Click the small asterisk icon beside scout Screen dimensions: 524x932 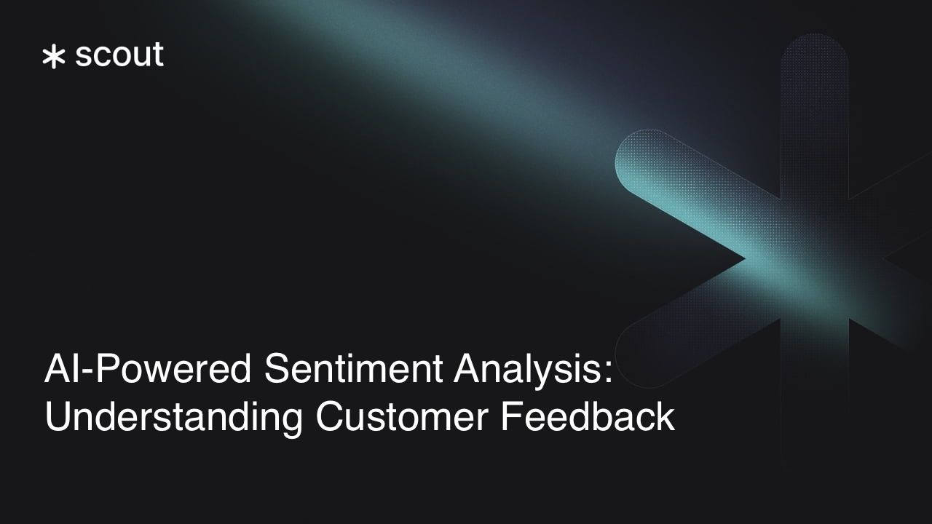click(x=53, y=57)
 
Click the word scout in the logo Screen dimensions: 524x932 click(x=119, y=55)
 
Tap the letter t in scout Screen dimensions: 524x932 click(x=158, y=55)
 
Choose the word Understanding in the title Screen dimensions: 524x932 click(x=173, y=418)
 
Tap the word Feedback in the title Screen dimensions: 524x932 click(x=588, y=418)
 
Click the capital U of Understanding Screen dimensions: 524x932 click(x=58, y=418)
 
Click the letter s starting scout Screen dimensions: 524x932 click(x=82, y=57)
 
